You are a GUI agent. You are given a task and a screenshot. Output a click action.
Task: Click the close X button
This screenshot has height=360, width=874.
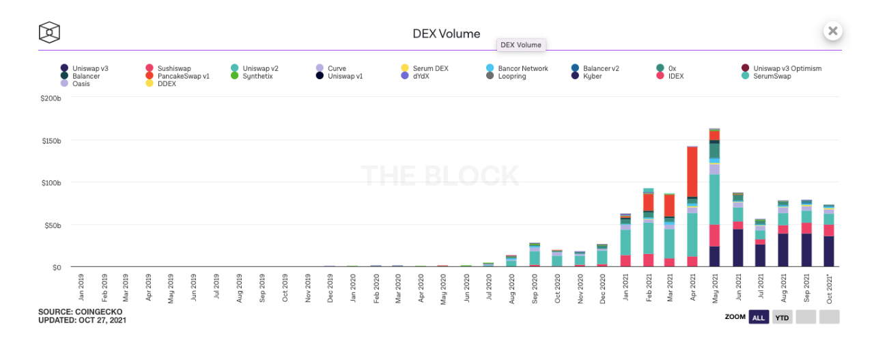[x=832, y=31]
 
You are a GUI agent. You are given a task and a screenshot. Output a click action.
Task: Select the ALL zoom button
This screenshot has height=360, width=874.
[x=759, y=317]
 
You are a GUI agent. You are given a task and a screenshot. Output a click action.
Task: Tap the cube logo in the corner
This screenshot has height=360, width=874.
[x=49, y=32]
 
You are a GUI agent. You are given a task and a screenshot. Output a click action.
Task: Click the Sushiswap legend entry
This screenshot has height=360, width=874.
[x=173, y=68]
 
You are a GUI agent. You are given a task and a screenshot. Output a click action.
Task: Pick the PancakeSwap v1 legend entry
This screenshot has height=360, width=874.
[x=183, y=77]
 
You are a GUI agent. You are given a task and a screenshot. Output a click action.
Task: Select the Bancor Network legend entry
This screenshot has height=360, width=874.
[x=522, y=68]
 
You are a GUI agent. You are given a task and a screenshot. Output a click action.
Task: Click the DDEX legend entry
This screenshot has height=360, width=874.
[x=166, y=84]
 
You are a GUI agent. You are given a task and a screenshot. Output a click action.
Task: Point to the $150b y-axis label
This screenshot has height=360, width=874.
[x=50, y=141]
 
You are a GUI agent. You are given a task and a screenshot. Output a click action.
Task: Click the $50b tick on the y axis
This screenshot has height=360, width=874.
[x=52, y=225]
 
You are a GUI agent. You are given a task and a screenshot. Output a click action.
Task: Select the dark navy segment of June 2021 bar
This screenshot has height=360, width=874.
[x=737, y=248]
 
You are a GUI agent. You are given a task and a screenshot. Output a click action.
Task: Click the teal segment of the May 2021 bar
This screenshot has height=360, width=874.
[x=714, y=198]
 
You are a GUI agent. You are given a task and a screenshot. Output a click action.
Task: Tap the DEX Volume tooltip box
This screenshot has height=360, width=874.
[x=520, y=45]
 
